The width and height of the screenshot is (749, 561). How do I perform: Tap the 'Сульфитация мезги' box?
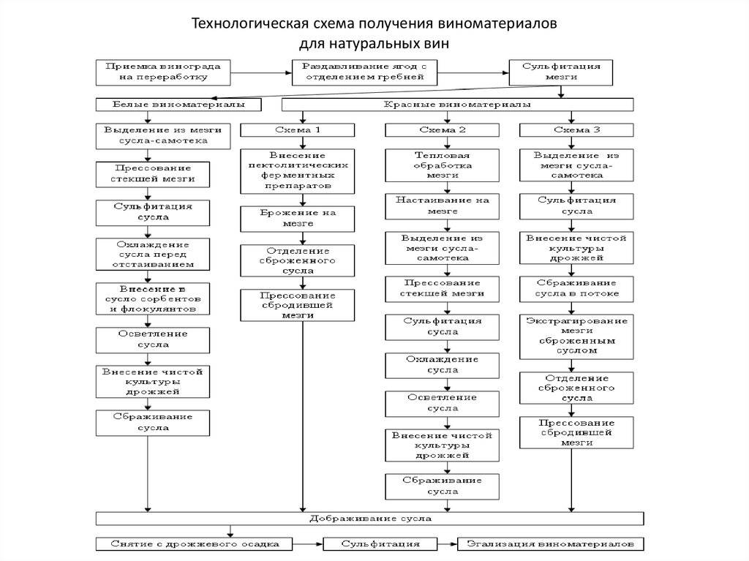pos(560,71)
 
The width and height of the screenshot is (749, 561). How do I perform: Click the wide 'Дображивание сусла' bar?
pos(370,519)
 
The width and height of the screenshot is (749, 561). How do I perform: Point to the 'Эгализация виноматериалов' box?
pos(551,545)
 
